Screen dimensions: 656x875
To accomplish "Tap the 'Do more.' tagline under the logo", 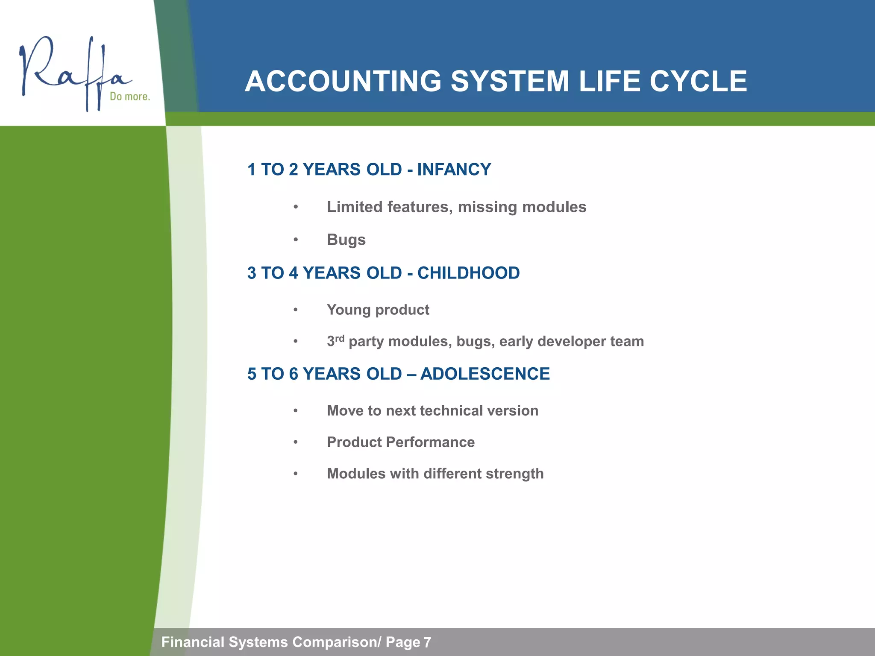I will [130, 97].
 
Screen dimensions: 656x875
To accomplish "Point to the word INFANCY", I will [454, 170].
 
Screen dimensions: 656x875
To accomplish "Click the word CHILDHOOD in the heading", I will [468, 273].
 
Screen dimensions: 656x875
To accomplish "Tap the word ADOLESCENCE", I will [485, 374].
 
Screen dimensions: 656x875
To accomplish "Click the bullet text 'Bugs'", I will [346, 240].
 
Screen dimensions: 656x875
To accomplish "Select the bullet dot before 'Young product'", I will [295, 310].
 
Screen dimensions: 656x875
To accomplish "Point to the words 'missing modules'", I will [522, 207].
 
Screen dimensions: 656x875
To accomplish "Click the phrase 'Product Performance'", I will [400, 442].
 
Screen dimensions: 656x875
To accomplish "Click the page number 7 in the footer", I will [427, 642].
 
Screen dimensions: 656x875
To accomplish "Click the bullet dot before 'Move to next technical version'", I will [295, 411].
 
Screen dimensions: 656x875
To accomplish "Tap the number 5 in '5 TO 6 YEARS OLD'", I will [252, 374].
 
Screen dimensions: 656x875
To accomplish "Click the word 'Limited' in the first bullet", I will [354, 207].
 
